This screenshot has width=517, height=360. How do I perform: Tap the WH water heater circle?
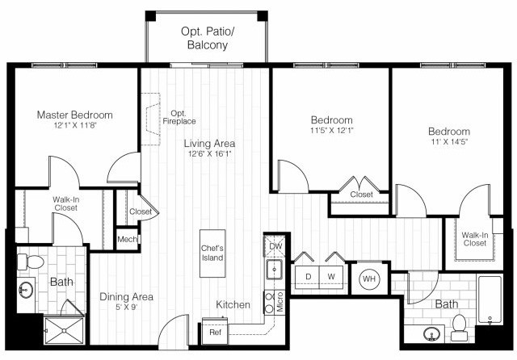(x=369, y=279)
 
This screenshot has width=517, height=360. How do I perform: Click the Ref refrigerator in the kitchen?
(x=215, y=332)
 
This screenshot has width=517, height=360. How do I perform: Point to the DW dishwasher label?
(x=275, y=246)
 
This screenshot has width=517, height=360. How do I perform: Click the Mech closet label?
(x=127, y=239)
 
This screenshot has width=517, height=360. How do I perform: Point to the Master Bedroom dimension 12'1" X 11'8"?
(x=74, y=127)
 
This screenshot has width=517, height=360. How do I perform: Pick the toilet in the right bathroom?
(x=460, y=326)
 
